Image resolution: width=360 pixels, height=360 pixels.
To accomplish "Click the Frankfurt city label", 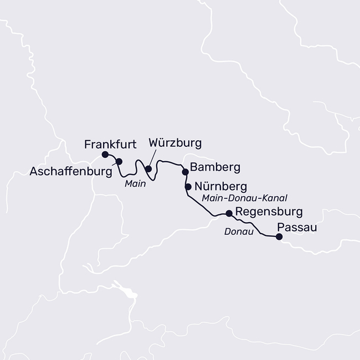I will [x=111, y=145].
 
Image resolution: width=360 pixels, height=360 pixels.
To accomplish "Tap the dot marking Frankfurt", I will [x=105, y=155].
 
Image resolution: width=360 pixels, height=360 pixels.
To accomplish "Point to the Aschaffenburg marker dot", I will [x=119, y=161].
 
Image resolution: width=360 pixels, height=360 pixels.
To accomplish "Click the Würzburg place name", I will [x=175, y=143].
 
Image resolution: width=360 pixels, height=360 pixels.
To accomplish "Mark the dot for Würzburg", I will [x=148, y=169].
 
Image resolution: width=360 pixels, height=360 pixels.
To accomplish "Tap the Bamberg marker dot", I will [x=185, y=172].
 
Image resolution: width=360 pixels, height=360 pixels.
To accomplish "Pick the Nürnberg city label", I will [x=217, y=187].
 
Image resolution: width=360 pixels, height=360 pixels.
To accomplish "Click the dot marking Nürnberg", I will [x=188, y=187].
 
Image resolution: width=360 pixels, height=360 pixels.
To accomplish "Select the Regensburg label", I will [x=269, y=212].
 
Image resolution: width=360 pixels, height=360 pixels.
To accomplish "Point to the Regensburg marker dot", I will [x=229, y=213].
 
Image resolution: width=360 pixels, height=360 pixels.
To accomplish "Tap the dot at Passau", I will [x=279, y=237].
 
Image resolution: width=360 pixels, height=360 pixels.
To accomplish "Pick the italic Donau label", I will [x=238, y=232].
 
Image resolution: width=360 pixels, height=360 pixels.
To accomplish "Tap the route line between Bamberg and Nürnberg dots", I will [x=186, y=179].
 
